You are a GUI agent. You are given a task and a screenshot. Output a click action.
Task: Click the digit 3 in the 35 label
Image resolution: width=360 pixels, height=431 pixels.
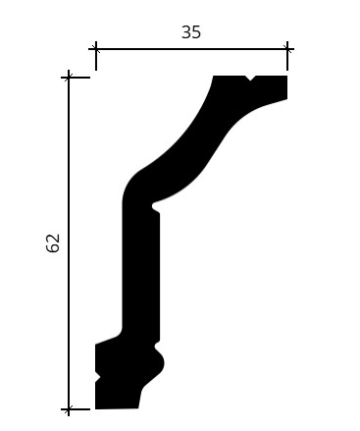coord(186,32)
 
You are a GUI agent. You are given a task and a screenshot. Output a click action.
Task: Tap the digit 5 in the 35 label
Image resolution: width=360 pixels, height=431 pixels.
coord(196,32)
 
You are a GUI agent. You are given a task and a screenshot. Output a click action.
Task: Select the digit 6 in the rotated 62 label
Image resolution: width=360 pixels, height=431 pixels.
coord(53,247)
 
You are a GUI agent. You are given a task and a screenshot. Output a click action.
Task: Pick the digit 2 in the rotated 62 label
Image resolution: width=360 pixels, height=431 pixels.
coord(53,238)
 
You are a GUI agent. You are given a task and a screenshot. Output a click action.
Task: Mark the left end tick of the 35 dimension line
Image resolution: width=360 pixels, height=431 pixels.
coord(96,49)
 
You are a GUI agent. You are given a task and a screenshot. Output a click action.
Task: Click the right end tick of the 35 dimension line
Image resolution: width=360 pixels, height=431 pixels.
coord(287,49)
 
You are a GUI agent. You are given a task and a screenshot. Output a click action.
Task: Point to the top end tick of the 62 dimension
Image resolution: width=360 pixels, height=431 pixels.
coord(69,78)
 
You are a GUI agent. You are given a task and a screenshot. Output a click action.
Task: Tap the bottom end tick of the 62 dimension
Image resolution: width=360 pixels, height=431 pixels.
coord(69,409)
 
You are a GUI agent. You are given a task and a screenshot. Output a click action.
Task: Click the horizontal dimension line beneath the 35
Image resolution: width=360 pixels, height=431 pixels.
coord(191,49)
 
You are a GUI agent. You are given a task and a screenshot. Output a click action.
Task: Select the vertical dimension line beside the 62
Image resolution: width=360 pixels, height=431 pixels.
coord(69,243)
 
